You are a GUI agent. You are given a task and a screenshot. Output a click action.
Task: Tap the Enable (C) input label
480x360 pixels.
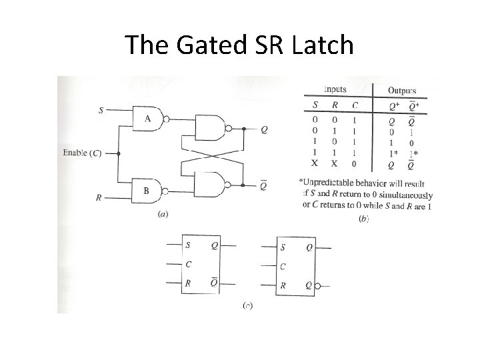pyautogui.click(x=82, y=154)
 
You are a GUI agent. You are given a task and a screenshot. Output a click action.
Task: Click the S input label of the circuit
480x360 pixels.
pyautogui.click(x=101, y=110)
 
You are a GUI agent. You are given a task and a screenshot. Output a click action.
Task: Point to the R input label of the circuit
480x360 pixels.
pyautogui.click(x=99, y=197)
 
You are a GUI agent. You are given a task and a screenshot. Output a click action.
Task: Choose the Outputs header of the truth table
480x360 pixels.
pyautogui.click(x=403, y=91)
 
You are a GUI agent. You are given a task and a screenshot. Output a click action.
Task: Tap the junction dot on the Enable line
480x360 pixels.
pyautogui.click(x=119, y=153)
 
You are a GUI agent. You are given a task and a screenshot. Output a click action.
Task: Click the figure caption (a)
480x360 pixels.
pyautogui.click(x=161, y=215)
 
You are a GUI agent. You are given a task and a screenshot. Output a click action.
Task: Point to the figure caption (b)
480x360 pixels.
pyautogui.click(x=363, y=219)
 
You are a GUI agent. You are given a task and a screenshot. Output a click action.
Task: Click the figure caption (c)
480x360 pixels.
pyautogui.click(x=247, y=306)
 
